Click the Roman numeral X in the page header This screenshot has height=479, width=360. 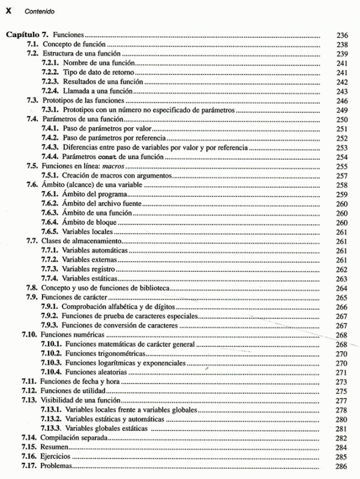[8, 11]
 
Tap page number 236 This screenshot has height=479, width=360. [343, 35]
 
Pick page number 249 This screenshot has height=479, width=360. [343, 110]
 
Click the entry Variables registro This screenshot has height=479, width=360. [91, 269]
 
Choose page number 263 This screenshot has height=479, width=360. [343, 279]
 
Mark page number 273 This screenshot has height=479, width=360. [343, 382]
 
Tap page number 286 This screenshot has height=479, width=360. [343, 466]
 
